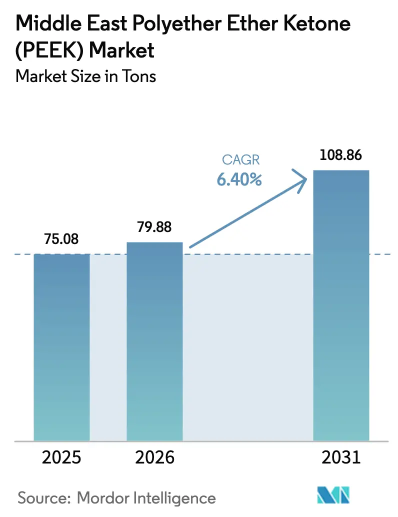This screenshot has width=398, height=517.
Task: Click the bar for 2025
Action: coord(61,347)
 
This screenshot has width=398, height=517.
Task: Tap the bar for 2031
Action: coord(341,305)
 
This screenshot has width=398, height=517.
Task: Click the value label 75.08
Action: coord(61,239)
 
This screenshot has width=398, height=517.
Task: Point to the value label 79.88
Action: coord(154,227)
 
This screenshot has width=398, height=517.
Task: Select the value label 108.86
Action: coord(341,155)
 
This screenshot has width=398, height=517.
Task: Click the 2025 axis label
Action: coord(61,457)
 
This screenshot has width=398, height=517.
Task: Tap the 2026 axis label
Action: coord(154,457)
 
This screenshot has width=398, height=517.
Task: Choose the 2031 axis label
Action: coord(341,457)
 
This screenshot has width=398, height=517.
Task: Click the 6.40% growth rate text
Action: coord(239,179)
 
